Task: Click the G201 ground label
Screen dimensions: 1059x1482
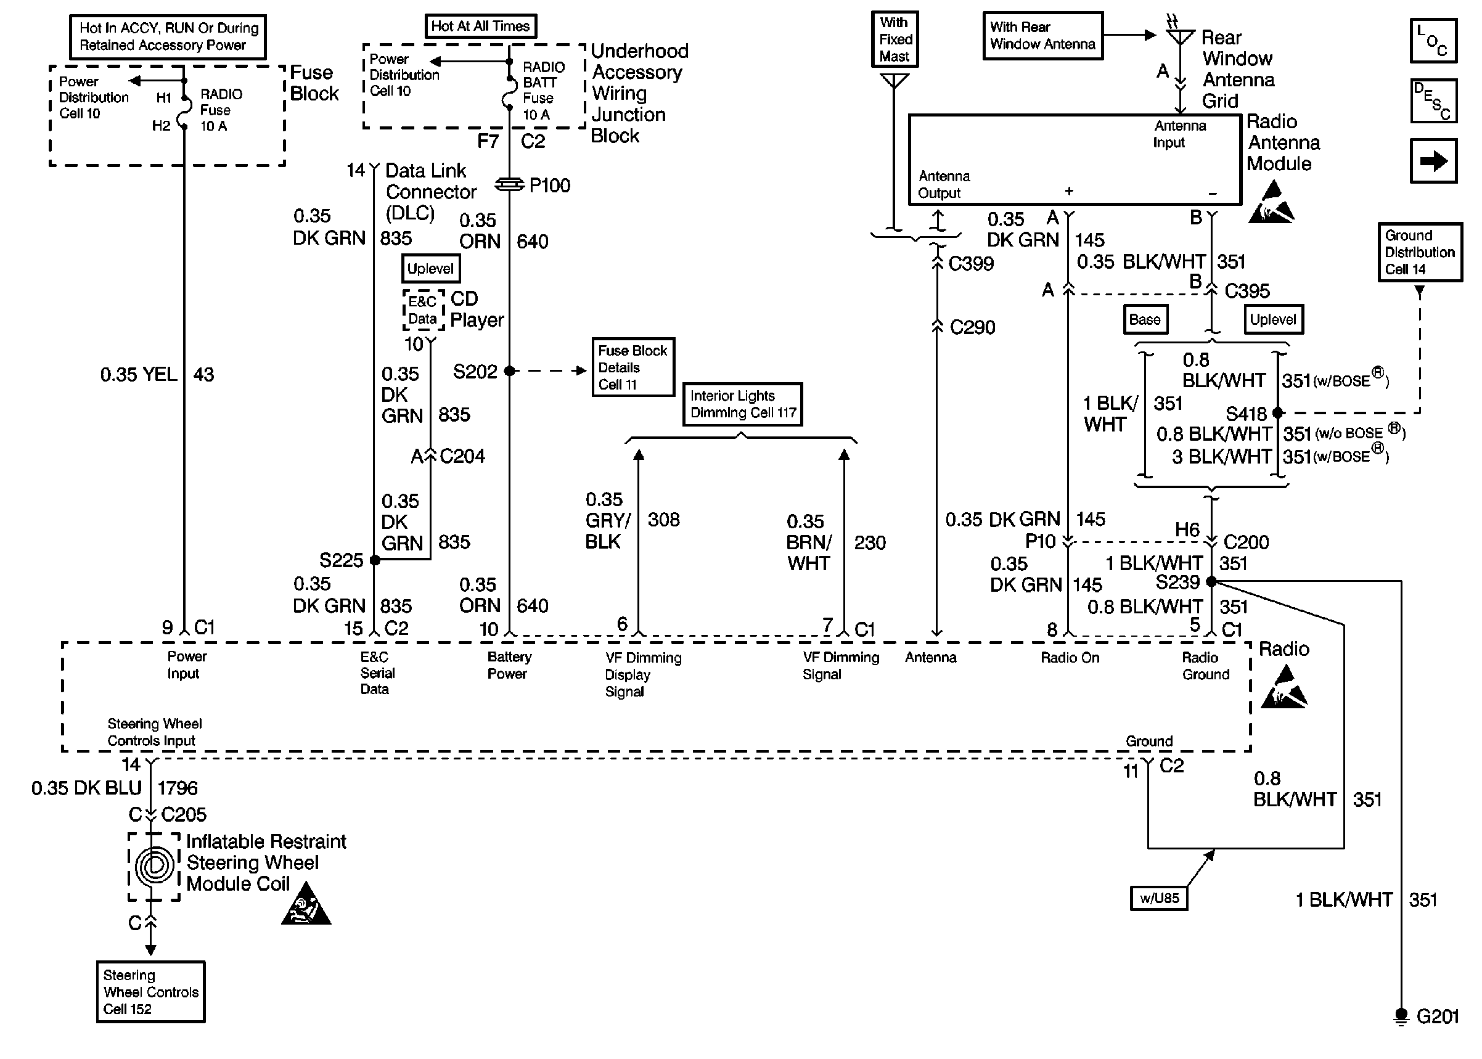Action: pos(1437,1016)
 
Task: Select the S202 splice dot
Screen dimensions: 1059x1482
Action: pos(509,371)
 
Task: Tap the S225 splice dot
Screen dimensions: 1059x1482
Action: pos(375,560)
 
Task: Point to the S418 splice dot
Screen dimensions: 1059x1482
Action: pos(1278,412)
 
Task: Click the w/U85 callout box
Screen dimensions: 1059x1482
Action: pos(1158,898)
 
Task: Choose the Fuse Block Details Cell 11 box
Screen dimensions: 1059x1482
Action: pos(633,367)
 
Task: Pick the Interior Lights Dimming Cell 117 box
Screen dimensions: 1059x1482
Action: pos(743,404)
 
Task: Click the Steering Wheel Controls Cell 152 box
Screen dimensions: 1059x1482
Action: pos(150,991)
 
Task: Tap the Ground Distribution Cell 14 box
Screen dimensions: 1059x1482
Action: pos(1419,252)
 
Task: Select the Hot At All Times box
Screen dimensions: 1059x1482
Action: pos(480,26)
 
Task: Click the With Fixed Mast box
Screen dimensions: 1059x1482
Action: pos(895,39)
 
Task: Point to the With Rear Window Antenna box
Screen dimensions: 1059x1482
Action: pos(1042,36)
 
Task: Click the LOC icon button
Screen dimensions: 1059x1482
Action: pos(1433,41)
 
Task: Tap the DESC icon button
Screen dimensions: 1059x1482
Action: pos(1433,101)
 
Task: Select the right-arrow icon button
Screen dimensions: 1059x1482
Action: pos(1433,160)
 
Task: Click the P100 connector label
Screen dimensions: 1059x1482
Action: pos(549,186)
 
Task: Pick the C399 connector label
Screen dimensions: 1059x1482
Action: pos(971,263)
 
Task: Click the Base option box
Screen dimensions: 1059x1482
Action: pos(1144,319)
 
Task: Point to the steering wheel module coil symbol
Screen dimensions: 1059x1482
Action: pos(155,866)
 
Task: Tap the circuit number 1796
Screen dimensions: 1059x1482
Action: pos(178,788)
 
